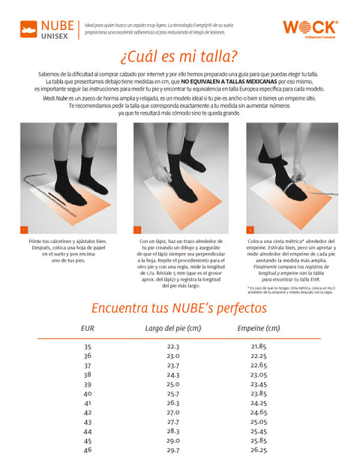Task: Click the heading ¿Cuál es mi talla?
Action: (x=179, y=57)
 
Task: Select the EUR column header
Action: (x=87, y=328)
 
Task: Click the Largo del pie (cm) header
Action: (x=172, y=328)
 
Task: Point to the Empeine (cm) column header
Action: (x=258, y=328)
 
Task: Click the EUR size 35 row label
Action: (x=87, y=347)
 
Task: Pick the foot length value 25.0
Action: (x=172, y=383)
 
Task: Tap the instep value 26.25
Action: (x=258, y=449)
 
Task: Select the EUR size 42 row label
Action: (x=87, y=412)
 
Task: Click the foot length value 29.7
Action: (x=172, y=449)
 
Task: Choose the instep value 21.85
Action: (x=258, y=347)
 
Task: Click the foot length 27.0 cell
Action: (x=172, y=412)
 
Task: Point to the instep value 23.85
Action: (x=258, y=393)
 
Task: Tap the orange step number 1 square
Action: (x=24, y=229)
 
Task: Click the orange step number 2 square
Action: (x=137, y=229)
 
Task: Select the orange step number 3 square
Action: (x=250, y=229)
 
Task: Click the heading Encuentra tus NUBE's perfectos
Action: (x=178, y=308)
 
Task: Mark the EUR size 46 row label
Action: (x=87, y=449)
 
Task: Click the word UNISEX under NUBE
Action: (x=58, y=35)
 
